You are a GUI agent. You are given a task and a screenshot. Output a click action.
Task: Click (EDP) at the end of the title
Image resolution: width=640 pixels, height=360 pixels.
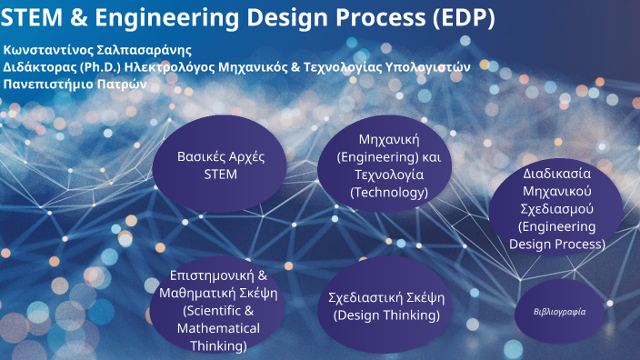pyautogui.click(x=462, y=17)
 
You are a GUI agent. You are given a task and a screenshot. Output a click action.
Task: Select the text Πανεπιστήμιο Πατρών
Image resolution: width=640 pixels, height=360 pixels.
pyautogui.click(x=75, y=84)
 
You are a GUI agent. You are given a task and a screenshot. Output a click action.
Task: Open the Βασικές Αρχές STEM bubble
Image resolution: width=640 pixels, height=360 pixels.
pyautogui.click(x=220, y=165)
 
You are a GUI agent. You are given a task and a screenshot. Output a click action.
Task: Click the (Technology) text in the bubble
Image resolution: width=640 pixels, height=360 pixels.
pyautogui.click(x=388, y=192)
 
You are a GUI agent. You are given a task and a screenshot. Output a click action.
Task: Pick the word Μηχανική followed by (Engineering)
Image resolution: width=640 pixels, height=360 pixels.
pyautogui.click(x=388, y=140)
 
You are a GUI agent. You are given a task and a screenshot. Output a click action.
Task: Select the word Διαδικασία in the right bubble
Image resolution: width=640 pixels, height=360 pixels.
pyautogui.click(x=557, y=173)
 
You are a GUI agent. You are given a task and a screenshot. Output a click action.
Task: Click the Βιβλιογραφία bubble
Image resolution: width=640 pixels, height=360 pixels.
pyautogui.click(x=559, y=311)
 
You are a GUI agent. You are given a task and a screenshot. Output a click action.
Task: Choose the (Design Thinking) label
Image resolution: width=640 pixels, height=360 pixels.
pyautogui.click(x=387, y=315)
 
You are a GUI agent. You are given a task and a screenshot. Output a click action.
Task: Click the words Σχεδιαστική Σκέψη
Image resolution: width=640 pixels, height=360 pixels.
pyautogui.click(x=387, y=297)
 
